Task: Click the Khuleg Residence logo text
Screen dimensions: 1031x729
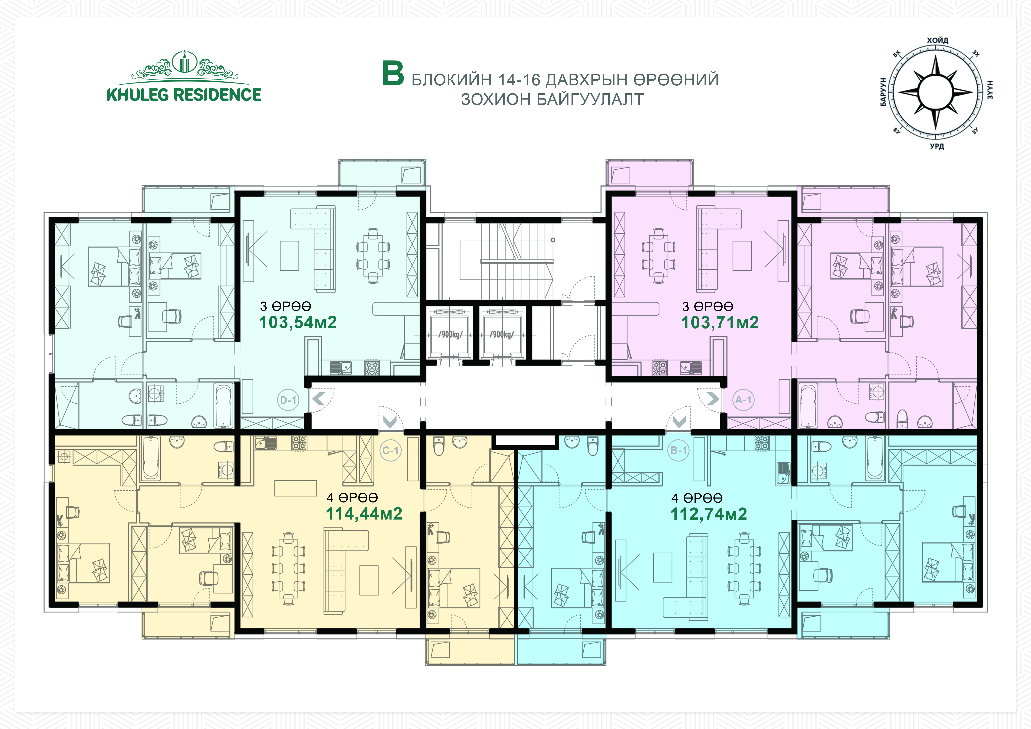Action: (184, 95)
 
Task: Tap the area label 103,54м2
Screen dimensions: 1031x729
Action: (298, 322)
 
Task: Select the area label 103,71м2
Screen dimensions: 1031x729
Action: (720, 322)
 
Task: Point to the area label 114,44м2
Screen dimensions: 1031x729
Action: (364, 514)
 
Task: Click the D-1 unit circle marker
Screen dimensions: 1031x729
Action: (288, 400)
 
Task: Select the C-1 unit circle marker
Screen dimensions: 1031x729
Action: (390, 450)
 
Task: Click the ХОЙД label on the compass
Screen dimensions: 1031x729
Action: (938, 40)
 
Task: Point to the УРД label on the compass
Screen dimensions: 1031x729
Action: (937, 146)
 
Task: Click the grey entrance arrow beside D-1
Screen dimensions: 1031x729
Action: (318, 399)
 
